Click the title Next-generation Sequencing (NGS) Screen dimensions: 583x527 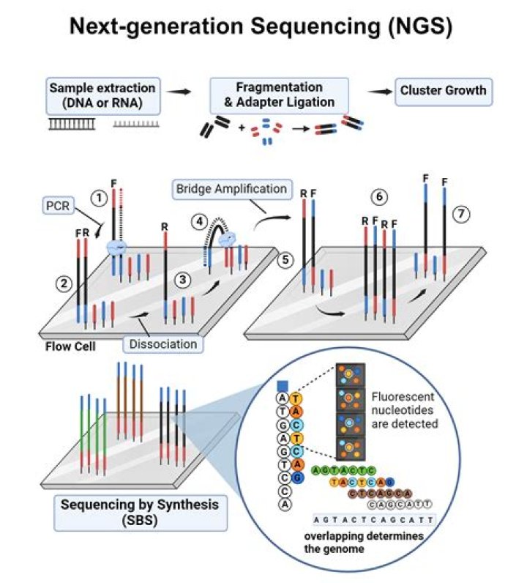click(261, 27)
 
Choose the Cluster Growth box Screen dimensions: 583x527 click(443, 92)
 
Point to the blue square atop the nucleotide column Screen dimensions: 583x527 click(283, 385)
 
